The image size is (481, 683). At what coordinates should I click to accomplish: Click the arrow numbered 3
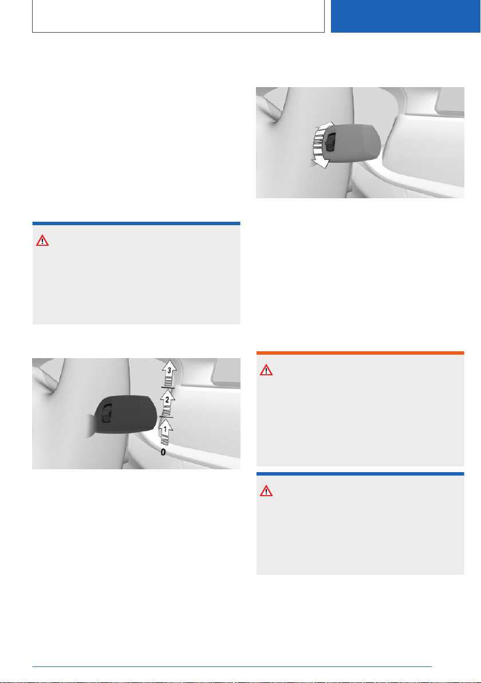point(169,373)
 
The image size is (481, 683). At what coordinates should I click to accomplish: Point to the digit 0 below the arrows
point(163,453)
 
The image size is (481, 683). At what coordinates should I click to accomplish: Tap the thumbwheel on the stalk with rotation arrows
point(330,142)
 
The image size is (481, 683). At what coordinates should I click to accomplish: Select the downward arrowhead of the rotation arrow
point(320,163)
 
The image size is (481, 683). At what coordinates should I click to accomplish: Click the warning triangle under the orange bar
point(266,370)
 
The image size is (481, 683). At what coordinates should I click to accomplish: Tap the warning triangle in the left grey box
point(42,241)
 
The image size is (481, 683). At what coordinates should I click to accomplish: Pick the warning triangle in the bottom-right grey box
point(266,492)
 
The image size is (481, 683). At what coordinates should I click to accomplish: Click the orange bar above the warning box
point(360,353)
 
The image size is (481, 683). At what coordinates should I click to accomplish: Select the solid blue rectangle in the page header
point(405,16)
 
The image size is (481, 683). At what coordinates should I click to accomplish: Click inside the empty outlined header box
point(179,16)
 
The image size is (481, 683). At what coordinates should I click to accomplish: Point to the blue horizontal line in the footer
point(232,666)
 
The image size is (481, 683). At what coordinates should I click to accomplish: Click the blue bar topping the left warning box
point(136,223)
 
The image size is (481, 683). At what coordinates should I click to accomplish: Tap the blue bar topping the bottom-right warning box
point(360,474)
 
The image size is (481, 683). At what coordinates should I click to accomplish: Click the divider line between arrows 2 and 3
point(168,387)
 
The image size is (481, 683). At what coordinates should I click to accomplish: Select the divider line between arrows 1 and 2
point(166,417)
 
